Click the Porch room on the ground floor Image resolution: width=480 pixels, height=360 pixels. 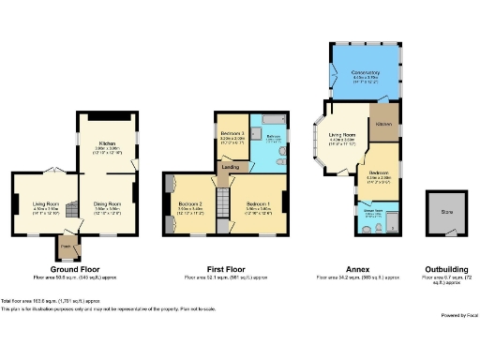coord(67,248)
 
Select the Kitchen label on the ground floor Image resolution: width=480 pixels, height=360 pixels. coord(109,142)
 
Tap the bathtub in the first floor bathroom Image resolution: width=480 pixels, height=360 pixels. coord(275,123)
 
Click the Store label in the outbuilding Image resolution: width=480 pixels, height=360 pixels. coord(446,212)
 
